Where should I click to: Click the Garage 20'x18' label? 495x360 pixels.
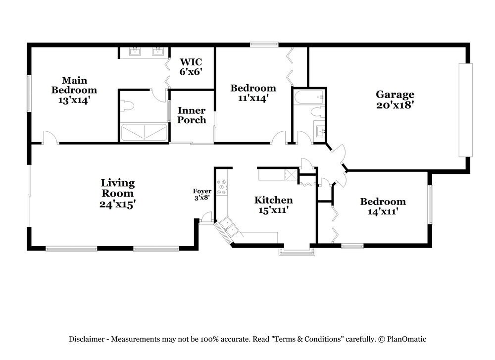click(395, 100)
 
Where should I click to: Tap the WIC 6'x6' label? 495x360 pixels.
click(191, 67)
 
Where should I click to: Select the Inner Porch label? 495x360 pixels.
click(192, 115)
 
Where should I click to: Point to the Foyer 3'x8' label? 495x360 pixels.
click(202, 195)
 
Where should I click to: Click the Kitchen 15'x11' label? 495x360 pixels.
click(273, 205)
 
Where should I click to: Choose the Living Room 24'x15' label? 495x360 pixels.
click(118, 193)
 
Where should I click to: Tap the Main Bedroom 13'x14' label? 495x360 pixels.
click(74, 90)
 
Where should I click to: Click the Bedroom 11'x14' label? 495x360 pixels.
click(253, 93)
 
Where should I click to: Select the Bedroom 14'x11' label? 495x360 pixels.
click(383, 206)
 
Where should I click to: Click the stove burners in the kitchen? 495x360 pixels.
click(222, 187)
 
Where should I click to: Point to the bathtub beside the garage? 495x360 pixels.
click(309, 97)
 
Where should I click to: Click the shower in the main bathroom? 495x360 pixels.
click(144, 132)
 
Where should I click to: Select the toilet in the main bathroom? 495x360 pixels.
click(127, 105)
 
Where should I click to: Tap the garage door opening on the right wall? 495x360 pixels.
click(466, 110)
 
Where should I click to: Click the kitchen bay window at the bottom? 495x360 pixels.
click(297, 251)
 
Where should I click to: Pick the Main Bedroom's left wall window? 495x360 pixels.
click(29, 94)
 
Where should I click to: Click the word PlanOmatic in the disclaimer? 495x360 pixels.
click(406, 339)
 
